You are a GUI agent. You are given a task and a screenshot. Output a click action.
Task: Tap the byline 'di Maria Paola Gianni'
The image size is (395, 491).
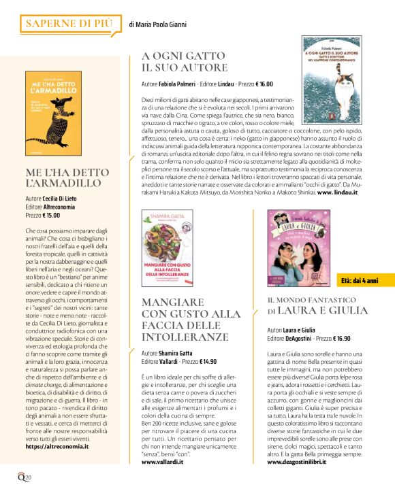tap(157, 25)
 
